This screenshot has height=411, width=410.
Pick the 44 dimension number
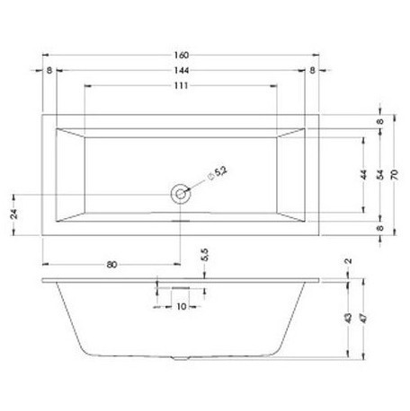point(362,175)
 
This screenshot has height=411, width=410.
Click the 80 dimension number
point(112,264)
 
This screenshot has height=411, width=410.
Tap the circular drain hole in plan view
point(181,193)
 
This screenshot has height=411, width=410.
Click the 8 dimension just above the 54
point(380,121)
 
